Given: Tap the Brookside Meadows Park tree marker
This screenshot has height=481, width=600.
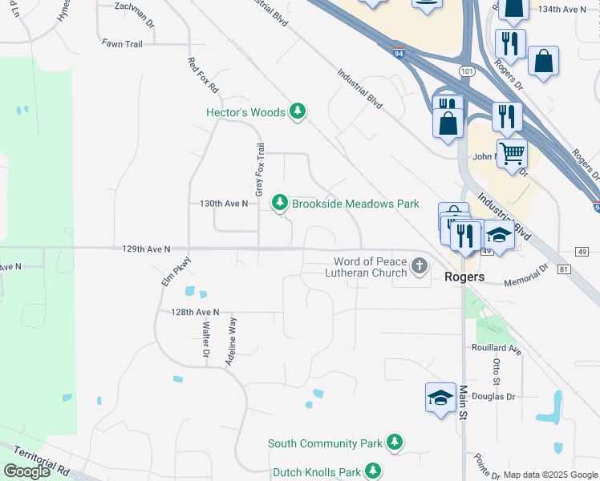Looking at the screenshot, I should click(x=279, y=203).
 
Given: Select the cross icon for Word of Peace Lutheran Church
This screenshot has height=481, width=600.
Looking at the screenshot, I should click(x=418, y=267).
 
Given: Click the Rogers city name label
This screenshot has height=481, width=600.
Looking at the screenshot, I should click(x=464, y=277).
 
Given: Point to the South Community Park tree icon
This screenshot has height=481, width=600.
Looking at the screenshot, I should click(x=394, y=442).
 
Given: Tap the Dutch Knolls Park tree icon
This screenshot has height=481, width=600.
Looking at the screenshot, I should click(x=371, y=471).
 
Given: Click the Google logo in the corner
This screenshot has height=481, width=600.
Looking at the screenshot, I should click(x=26, y=471).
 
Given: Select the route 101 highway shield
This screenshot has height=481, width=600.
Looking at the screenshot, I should click(x=466, y=71).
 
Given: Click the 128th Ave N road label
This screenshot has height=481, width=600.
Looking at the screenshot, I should click(x=195, y=311).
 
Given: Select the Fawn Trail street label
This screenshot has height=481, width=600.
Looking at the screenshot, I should click(x=122, y=43).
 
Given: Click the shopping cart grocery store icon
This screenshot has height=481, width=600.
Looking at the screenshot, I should click(x=511, y=152).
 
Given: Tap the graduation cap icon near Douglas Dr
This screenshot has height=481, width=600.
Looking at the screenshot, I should click(x=440, y=398).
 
